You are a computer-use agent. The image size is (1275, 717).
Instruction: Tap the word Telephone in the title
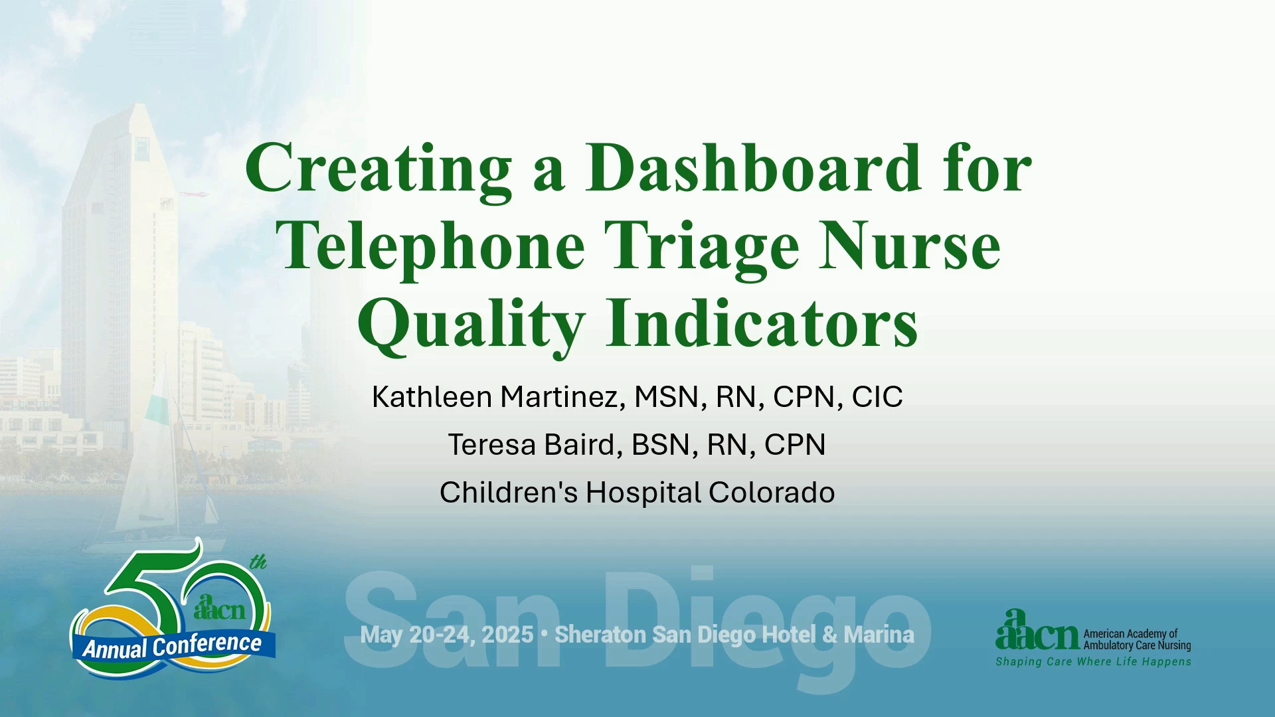click(430, 247)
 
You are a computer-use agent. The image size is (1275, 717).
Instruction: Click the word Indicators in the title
click(762, 323)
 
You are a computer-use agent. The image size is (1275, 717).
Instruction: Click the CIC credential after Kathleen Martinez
click(877, 397)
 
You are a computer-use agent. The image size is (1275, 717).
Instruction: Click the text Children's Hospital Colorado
click(637, 493)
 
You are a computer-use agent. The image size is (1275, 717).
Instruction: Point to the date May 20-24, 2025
click(447, 635)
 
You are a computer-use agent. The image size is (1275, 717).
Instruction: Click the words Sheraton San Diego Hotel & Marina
click(734, 635)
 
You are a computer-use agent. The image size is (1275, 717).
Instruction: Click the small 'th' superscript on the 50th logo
click(258, 562)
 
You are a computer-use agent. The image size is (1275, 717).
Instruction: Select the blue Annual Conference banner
click(173, 645)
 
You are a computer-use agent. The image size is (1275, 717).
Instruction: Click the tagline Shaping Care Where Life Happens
click(1093, 662)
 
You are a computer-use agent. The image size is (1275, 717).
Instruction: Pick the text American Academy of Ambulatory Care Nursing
click(1137, 639)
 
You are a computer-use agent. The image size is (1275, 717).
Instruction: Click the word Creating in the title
click(379, 169)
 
